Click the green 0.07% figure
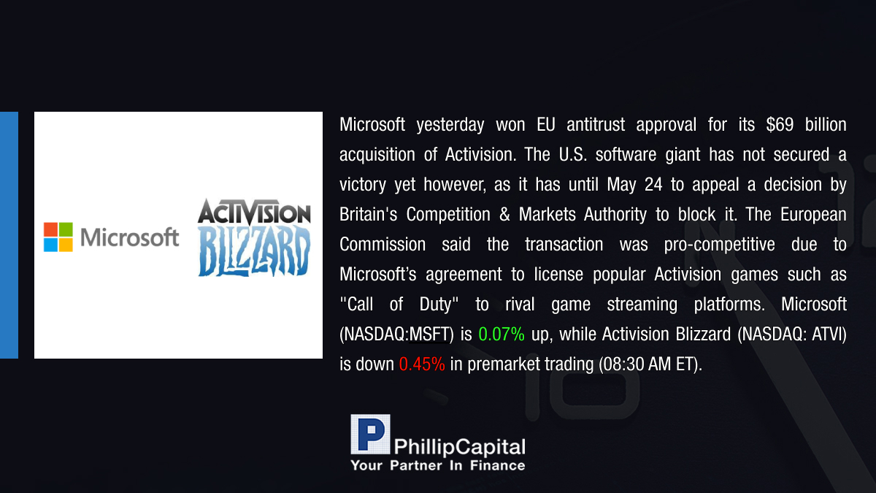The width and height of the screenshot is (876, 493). [502, 335]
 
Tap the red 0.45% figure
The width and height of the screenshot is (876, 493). [422, 364]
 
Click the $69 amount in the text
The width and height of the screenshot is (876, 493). [780, 125]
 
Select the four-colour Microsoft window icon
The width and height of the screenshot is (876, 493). [58, 237]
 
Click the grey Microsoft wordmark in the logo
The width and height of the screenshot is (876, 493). [130, 237]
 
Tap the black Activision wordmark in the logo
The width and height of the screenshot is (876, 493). [254, 212]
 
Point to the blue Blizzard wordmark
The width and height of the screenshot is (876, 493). [254, 251]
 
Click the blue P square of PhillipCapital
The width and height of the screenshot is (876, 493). [370, 434]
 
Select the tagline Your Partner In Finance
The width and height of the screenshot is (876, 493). [438, 465]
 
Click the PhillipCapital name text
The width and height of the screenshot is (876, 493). [459, 447]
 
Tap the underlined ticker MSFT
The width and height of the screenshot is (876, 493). [429, 335]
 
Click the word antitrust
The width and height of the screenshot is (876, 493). [596, 125]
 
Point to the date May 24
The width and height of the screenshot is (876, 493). [634, 185]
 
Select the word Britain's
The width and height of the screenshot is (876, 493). [369, 215]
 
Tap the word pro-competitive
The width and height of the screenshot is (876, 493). [720, 245]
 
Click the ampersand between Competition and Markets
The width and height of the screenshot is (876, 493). [504, 215]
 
